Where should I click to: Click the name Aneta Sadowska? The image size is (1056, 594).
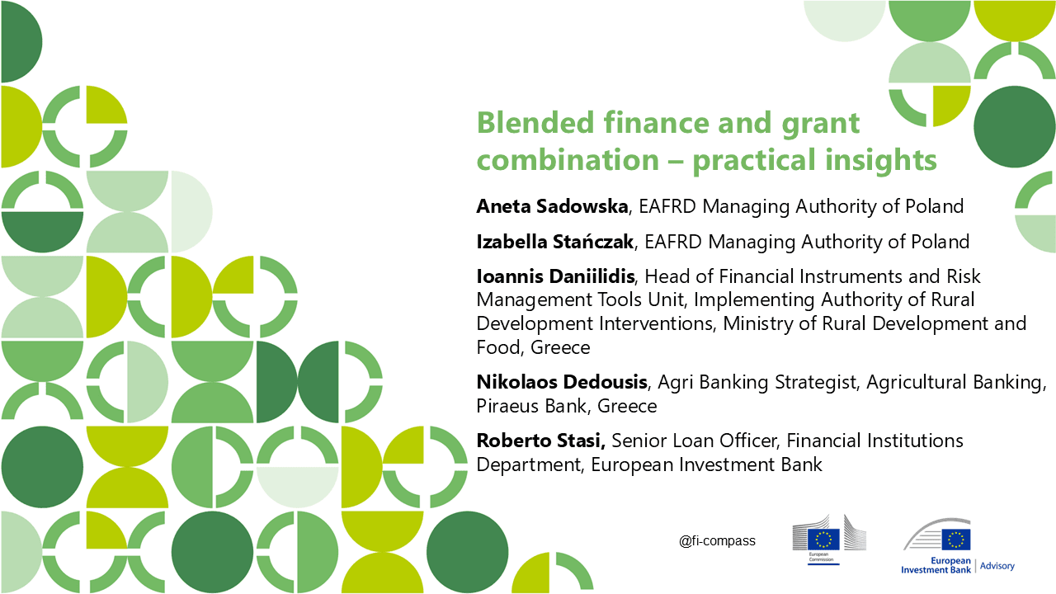[552, 206]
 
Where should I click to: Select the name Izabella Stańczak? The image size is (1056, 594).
[555, 242]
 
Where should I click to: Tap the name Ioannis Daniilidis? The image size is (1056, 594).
[555, 276]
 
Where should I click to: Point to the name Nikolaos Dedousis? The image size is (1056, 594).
[562, 382]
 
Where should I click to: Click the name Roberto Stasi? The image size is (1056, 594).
[540, 441]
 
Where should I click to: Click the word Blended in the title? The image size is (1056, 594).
[535, 123]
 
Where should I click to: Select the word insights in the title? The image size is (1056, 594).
[880, 160]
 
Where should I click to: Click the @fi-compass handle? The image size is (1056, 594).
[717, 540]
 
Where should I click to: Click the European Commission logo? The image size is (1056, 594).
[829, 540]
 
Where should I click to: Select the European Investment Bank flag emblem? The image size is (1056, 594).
[956, 540]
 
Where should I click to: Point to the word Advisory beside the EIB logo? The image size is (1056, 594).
[997, 566]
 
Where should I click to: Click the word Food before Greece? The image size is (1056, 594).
[498, 347]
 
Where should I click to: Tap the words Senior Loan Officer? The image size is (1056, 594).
[694, 441]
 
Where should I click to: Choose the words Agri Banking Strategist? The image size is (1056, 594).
[757, 382]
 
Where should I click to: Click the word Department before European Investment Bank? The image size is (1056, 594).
[529, 464]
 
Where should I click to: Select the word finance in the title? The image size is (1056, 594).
[656, 123]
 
